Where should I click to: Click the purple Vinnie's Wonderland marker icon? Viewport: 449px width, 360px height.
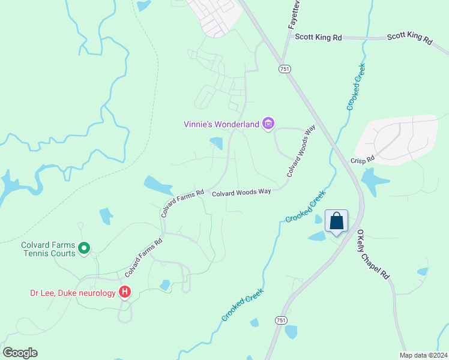pos(268,124)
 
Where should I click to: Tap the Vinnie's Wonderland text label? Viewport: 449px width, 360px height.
pos(221,125)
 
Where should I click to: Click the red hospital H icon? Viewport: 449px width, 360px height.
pos(125,293)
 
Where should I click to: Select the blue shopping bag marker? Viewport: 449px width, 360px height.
pos(337,221)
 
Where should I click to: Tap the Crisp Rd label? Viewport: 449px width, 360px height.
pos(363,160)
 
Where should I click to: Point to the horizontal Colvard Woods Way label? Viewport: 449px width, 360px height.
pos(241,192)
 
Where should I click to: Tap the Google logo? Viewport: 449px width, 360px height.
pos(20,352)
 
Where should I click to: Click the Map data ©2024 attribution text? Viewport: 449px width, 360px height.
pos(423,355)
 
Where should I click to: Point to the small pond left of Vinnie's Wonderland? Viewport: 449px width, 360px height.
pos(217,143)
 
